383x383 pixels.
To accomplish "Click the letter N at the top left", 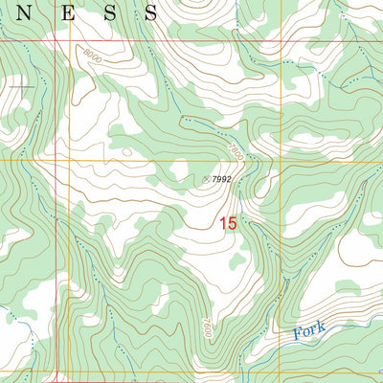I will (32, 11).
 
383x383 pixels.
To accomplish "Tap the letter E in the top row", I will (74, 11).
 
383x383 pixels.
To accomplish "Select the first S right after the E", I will (112, 11).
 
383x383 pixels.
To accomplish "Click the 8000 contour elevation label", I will (91, 57).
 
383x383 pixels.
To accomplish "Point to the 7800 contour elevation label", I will (236, 147).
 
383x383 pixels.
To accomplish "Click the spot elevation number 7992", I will (222, 179).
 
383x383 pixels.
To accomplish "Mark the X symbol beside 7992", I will (206, 178).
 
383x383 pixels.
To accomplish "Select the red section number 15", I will (227, 223).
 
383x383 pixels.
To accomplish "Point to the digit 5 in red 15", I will (232, 223).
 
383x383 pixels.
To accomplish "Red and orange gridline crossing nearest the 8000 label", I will (70, 42).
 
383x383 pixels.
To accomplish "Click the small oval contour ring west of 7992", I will (126, 150).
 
